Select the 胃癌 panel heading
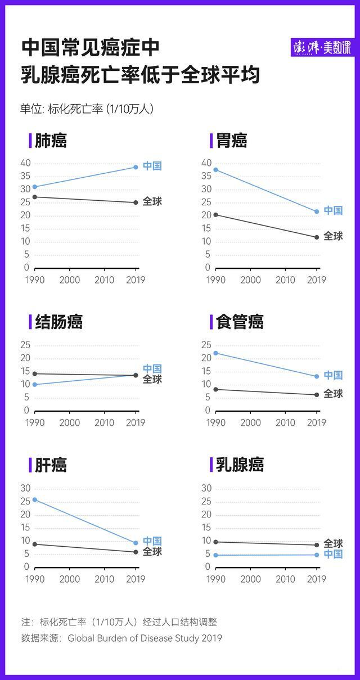pyautogui.click(x=231, y=141)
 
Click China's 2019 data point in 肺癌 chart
pyautogui.click(x=136, y=167)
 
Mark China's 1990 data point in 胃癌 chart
pyautogui.click(x=215, y=170)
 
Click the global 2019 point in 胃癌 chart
pyautogui.click(x=317, y=237)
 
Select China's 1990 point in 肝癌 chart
pyautogui.click(x=35, y=499)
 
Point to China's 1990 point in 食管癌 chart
pyautogui.click(x=215, y=353)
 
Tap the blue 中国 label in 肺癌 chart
pyautogui.click(x=152, y=166)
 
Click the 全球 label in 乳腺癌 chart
pyautogui.click(x=333, y=544)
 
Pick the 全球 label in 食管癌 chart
pyautogui.click(x=333, y=394)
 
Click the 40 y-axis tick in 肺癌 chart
pyautogui.click(x=24, y=163)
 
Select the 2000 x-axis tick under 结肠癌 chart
pyautogui.click(x=70, y=423)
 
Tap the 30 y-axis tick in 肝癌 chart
pyautogui.click(x=24, y=488)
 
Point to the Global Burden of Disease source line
pyautogui.click(x=121, y=638)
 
